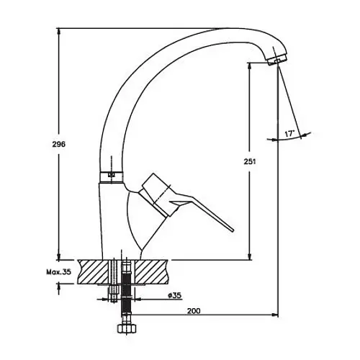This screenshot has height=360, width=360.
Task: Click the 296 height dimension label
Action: tap(59, 144)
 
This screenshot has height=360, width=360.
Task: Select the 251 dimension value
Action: tap(250, 161)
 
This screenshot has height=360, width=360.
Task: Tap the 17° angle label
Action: tap(289, 133)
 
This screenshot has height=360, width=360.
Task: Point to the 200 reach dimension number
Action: tap(194, 311)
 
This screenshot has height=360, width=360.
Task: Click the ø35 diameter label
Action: tap(174, 295)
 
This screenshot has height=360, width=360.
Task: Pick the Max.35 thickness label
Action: tap(59, 272)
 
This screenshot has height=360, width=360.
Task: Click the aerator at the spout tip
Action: tap(276, 59)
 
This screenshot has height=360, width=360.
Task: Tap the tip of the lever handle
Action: tap(233, 230)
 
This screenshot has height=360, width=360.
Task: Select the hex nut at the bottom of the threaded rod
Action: tap(127, 328)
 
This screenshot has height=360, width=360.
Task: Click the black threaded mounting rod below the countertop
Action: tap(127, 292)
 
